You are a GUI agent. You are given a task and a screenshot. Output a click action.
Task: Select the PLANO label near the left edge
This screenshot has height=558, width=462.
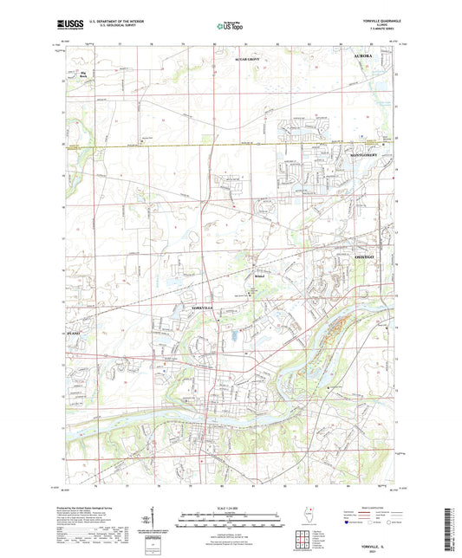75,332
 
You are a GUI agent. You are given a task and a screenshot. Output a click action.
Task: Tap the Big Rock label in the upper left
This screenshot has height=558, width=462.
84,75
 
